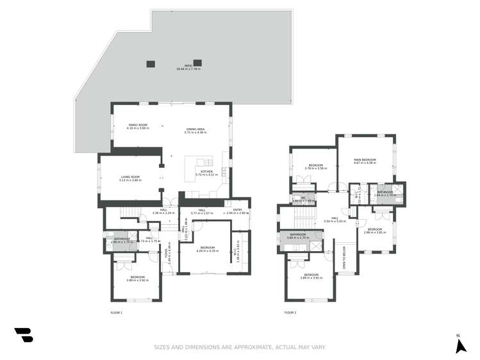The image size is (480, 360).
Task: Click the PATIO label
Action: point(188,66)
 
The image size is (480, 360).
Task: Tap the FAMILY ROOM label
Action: point(138,125)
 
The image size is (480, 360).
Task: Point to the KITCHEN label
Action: point(206,171)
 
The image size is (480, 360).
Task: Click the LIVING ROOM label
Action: point(130,177)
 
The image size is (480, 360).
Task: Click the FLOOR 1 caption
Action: point(116,313)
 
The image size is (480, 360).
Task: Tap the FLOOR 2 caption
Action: point(290,313)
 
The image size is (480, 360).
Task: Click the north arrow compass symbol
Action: point(459,347)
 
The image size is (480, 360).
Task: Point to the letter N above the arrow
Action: point(458,336)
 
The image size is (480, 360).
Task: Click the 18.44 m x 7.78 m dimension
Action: point(188,69)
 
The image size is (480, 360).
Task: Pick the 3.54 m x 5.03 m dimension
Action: point(335,221)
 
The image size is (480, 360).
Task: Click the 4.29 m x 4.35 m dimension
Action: point(207,250)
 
